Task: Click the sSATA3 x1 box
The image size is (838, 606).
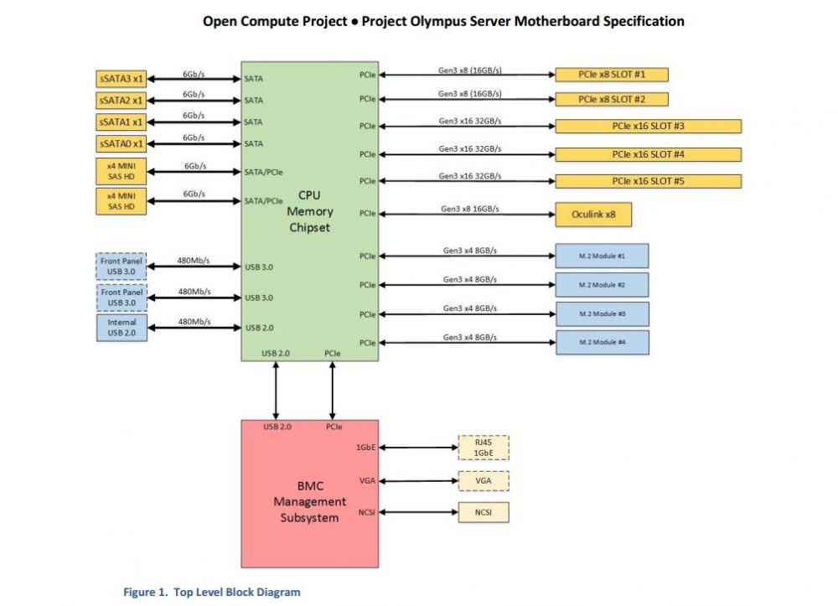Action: [122, 79]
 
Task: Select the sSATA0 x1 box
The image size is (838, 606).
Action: [122, 143]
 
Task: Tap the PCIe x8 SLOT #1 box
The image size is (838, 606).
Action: [611, 75]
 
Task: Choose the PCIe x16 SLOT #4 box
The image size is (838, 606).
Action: [648, 154]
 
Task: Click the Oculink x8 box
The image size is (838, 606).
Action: [592, 214]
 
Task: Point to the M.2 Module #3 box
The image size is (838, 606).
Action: [602, 313]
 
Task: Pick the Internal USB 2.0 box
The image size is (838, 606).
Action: [122, 328]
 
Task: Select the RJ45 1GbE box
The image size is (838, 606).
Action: [484, 448]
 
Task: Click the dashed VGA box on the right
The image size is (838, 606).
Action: [484, 481]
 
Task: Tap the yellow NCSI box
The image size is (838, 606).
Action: [484, 512]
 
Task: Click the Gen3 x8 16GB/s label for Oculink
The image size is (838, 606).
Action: [471, 208]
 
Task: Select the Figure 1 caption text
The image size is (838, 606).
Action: [211, 593]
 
